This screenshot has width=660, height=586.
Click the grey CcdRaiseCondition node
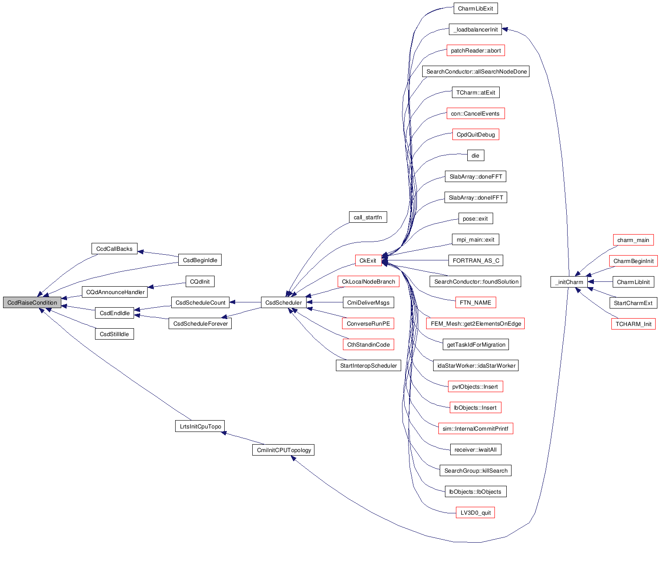coord(32,302)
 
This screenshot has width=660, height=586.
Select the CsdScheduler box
coord(283,302)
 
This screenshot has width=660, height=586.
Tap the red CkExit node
coord(367,260)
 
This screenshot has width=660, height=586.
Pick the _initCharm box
coord(569,282)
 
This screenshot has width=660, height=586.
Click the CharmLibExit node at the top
coord(475,8)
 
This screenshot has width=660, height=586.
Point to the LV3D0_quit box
coord(475,512)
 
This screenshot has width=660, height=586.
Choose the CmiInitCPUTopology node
coord(283,450)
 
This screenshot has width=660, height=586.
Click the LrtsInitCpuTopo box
coord(200,426)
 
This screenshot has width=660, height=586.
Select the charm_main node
coord(633,240)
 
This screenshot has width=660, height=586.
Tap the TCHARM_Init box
coord(633,324)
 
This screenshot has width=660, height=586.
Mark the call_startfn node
coord(367,217)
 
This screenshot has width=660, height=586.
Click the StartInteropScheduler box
coord(368,365)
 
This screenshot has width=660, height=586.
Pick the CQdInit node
coord(200,281)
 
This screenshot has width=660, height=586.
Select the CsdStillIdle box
coord(114,334)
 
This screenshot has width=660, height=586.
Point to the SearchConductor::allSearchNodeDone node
coord(476,71)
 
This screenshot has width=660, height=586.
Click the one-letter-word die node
coord(475,155)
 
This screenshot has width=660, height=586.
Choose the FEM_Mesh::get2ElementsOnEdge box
coord(476,323)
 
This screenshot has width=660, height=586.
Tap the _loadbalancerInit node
coord(475,29)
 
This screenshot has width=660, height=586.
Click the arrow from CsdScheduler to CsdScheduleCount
coord(245,302)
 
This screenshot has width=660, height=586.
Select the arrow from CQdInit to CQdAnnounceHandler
coord(167,285)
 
